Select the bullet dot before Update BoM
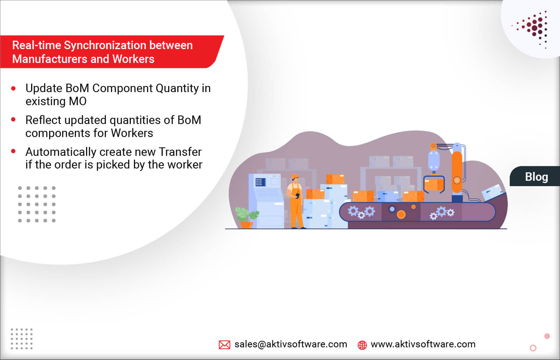(x=13, y=89)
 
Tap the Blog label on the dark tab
(x=536, y=177)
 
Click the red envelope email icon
(x=224, y=345)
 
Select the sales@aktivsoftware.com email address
(x=291, y=344)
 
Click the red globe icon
(x=362, y=345)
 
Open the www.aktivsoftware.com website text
(x=423, y=344)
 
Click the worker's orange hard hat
(x=295, y=177)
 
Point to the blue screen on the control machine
(x=260, y=182)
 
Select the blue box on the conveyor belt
(x=388, y=196)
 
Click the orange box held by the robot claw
(x=434, y=185)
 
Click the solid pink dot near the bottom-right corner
(x=547, y=336)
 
